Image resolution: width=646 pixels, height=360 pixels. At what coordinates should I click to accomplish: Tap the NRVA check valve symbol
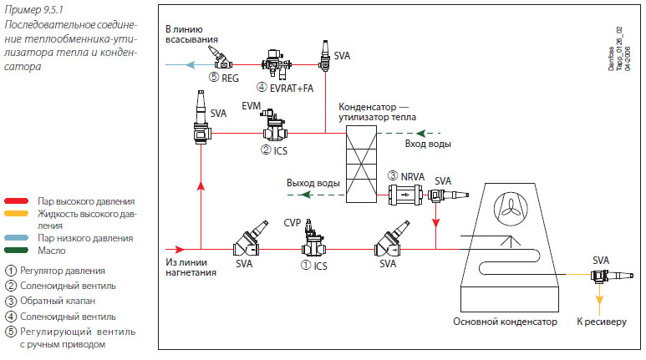pos(405,195)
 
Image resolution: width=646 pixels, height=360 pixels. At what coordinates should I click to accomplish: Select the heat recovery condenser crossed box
pos(361,164)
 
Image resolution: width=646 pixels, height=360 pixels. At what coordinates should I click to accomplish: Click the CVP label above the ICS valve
pos(292,223)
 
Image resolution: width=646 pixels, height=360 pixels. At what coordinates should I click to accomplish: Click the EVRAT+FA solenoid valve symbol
pos(277,63)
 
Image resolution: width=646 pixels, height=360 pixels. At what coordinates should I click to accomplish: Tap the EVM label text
pos(252,106)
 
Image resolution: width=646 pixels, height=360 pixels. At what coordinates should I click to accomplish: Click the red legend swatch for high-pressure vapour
pos(17,201)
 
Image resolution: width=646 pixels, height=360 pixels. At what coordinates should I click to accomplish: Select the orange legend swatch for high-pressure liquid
pos(17,213)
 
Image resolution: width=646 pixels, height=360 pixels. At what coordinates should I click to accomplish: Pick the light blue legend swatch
pos(17,238)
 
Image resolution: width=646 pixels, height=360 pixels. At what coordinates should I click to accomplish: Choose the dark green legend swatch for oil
pos(17,250)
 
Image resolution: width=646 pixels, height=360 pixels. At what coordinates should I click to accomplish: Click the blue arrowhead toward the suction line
pos(190,64)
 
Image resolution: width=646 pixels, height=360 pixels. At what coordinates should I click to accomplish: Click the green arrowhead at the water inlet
pos(420,134)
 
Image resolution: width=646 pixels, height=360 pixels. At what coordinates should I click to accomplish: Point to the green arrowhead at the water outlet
pos(306,195)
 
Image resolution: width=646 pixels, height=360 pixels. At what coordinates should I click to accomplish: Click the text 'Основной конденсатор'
pos(505,322)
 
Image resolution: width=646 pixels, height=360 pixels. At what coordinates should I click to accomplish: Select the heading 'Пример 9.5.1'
pos(33,9)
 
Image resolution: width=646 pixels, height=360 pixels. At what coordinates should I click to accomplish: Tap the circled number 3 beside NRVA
pos(393,176)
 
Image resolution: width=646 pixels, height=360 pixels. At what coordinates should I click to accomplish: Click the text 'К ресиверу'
pos(602,322)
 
